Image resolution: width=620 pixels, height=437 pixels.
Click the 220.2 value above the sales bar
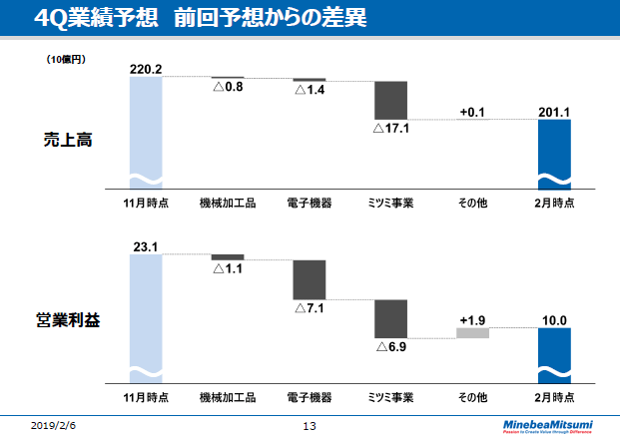[x=146, y=68]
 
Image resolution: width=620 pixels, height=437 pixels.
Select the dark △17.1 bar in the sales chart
[x=390, y=100]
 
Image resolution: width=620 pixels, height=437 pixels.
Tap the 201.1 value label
[x=553, y=112]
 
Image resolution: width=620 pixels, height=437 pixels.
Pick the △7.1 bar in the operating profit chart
[x=310, y=279]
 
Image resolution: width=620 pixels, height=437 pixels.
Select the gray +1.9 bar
[x=472, y=332]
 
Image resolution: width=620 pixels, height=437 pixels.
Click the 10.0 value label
[x=553, y=319]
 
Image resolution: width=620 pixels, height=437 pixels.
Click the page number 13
[x=309, y=426]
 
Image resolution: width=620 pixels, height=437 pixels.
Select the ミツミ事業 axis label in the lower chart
[x=390, y=396]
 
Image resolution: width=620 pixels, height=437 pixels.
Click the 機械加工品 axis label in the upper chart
[x=228, y=203]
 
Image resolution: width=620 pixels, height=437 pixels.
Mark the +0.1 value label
[x=472, y=112]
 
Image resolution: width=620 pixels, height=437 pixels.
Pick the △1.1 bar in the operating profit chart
[x=228, y=256]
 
